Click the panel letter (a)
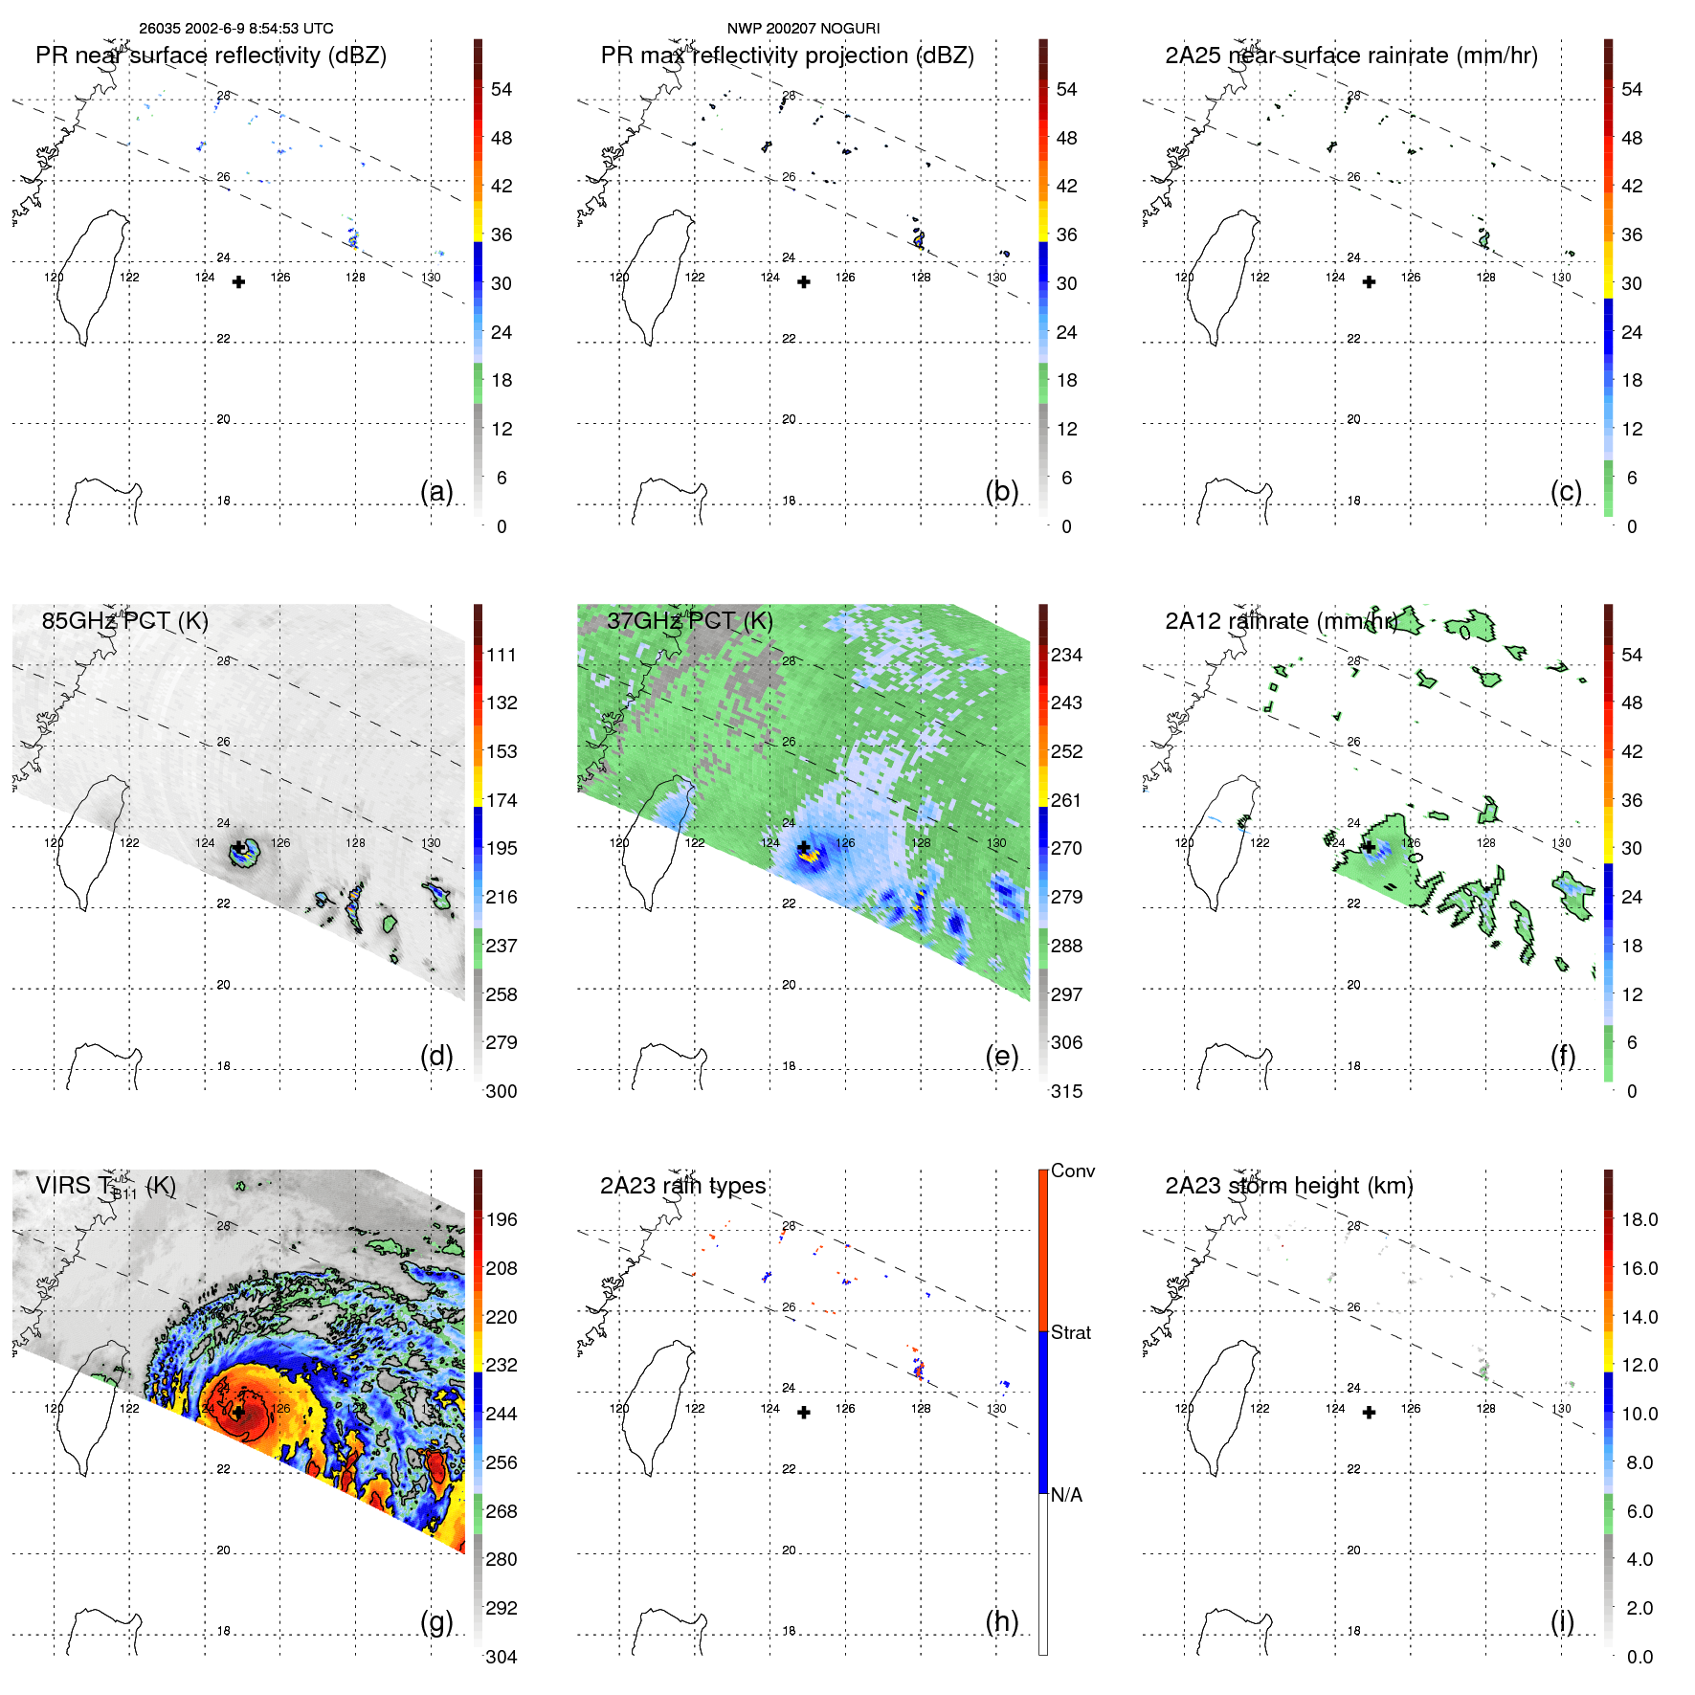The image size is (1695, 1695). [x=436, y=491]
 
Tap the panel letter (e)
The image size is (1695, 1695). [x=1001, y=1056]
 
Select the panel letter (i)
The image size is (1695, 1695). [x=1562, y=1621]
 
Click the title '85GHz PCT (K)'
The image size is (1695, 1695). [x=125, y=620]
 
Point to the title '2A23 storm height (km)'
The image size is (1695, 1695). [x=1288, y=1185]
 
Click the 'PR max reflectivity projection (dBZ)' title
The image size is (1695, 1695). [x=787, y=56]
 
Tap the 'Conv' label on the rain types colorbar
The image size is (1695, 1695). [x=1072, y=1171]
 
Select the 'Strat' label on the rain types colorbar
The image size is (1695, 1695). [x=1070, y=1332]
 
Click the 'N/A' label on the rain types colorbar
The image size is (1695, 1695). [x=1066, y=1495]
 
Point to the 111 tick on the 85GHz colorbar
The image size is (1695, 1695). [x=502, y=655]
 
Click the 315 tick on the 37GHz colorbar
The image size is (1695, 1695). [x=1066, y=1091]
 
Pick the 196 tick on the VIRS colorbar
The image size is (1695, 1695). [x=502, y=1219]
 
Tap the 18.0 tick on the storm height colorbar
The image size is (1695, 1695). [x=1639, y=1219]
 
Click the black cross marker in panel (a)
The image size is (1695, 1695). [x=238, y=282]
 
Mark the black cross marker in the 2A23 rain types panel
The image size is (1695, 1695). [x=804, y=1413]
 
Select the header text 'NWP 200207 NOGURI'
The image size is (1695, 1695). [x=803, y=29]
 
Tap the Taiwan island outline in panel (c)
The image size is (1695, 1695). [x=1221, y=278]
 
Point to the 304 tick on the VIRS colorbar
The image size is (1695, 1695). [x=502, y=1657]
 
